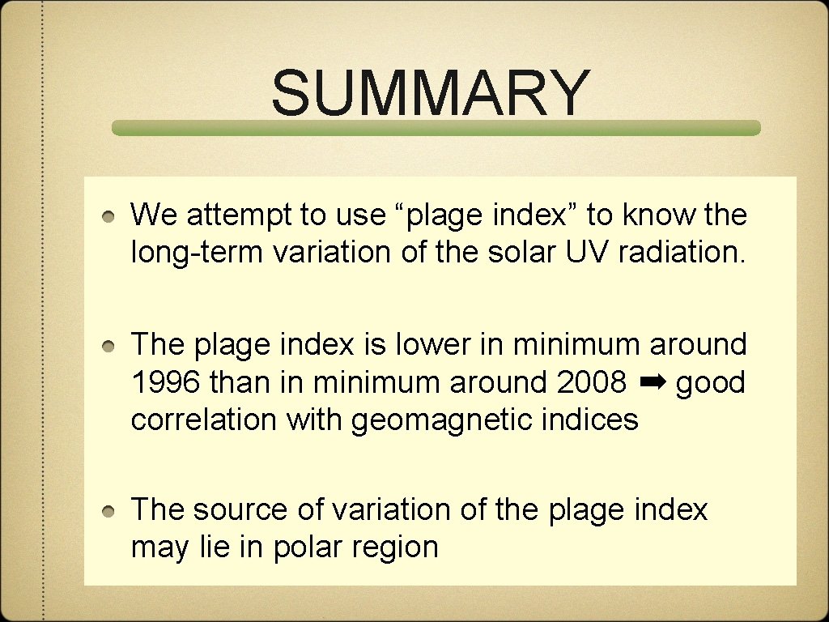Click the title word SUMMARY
(430, 92)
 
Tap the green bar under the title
(436, 128)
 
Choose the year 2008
(592, 382)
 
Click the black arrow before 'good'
(651, 381)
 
